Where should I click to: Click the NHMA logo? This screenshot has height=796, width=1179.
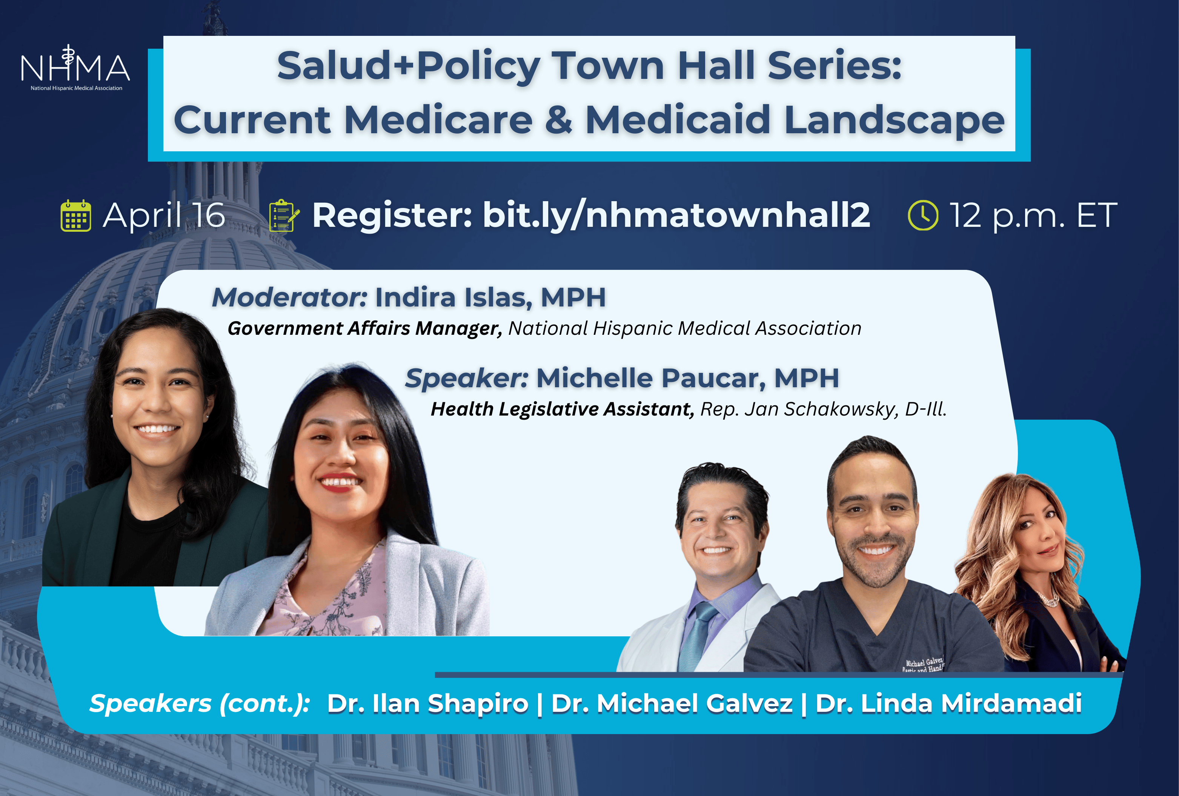75,68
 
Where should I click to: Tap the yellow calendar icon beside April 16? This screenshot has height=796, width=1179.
76,216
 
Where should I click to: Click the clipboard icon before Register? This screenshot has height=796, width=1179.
284,216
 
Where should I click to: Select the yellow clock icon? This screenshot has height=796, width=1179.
923,215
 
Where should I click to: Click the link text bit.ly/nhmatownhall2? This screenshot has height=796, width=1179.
676,215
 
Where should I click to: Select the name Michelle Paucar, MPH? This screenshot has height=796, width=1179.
687,378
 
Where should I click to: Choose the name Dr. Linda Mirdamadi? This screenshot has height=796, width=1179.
949,703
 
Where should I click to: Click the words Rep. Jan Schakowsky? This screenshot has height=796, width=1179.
799,409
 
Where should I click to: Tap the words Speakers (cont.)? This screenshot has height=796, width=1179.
199,704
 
